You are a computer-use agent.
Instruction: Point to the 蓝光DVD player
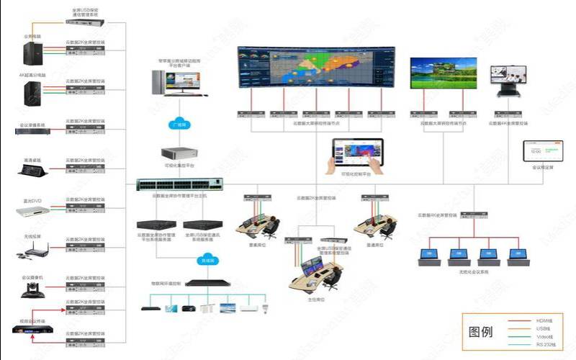tap(32, 211)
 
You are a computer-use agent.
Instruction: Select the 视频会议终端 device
tap(33, 330)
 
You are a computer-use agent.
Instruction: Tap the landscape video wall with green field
tap(440, 74)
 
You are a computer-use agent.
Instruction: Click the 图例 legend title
tap(480, 332)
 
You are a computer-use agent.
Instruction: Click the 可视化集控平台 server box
tap(179, 155)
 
